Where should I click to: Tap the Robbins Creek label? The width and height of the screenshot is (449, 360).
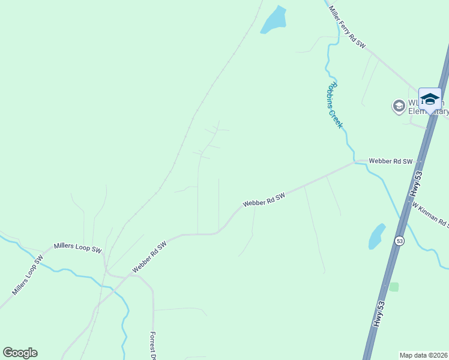334,104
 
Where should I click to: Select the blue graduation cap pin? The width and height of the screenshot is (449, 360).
430,99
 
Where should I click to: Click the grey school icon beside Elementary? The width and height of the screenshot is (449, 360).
398,106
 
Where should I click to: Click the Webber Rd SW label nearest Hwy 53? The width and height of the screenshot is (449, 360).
391,161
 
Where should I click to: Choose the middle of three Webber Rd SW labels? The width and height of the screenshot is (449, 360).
264,200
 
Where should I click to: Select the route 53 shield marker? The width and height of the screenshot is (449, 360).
399,241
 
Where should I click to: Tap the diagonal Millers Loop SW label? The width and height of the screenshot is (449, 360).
28,276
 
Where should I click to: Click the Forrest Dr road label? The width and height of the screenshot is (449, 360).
153,345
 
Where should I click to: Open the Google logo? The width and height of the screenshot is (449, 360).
20,353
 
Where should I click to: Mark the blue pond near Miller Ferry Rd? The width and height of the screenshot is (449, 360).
273,20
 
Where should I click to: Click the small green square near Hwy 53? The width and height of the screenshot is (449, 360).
394,287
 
